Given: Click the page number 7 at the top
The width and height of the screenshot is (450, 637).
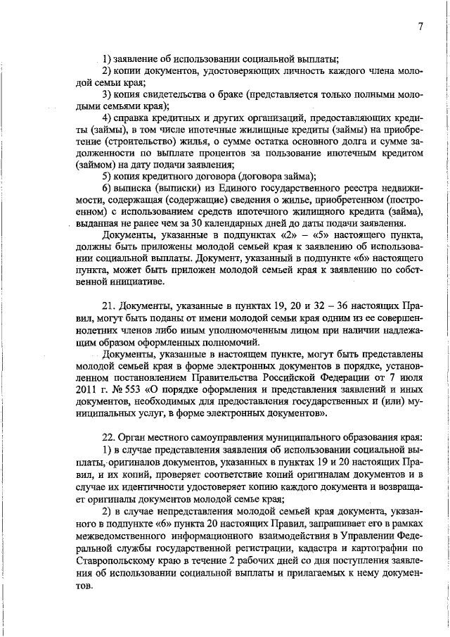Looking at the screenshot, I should (419, 27).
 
